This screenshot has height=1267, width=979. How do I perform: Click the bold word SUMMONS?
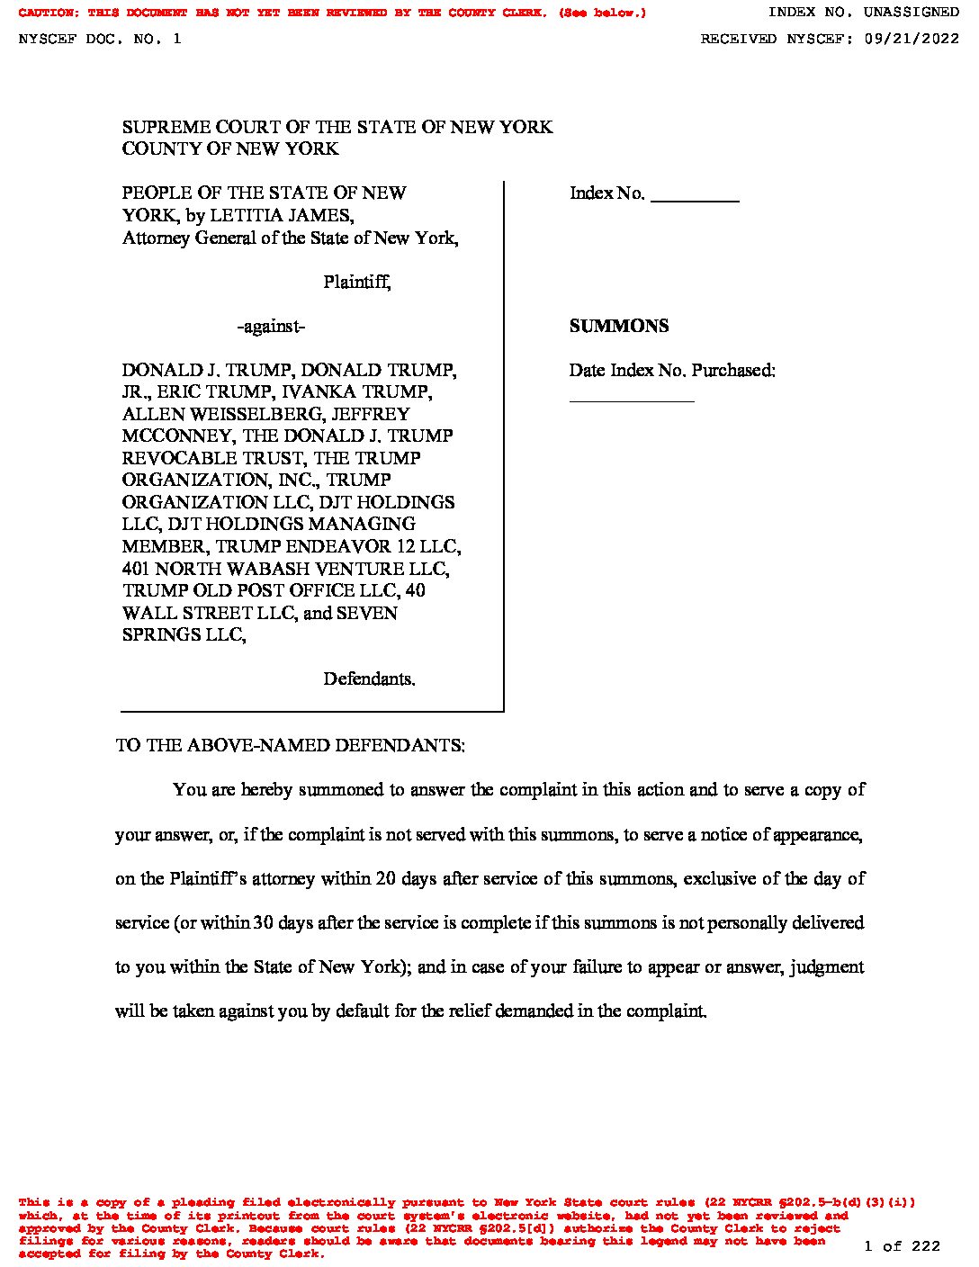pos(618,327)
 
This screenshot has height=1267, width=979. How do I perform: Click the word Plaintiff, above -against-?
pos(356,283)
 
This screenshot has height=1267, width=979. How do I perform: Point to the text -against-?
pos(271,327)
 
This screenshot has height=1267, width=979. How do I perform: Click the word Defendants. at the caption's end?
pos(369,678)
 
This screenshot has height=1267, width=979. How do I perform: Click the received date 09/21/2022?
pos(910,39)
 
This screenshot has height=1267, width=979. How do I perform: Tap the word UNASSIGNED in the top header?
pos(911,13)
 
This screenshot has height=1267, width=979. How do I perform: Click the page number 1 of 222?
pos(902,1246)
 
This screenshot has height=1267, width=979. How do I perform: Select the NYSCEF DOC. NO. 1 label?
pos(100,39)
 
